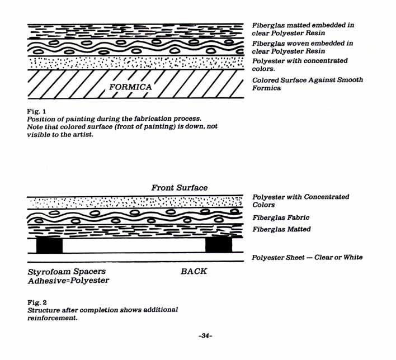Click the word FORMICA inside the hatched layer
point(130,87)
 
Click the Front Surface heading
point(179,188)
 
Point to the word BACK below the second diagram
point(194,271)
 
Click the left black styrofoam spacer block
point(49,245)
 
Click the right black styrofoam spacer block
point(219,245)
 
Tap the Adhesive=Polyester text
point(68,281)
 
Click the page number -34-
point(205,336)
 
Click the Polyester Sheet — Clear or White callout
point(307,257)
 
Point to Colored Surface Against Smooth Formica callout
point(307,84)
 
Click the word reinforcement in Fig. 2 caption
point(52,318)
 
